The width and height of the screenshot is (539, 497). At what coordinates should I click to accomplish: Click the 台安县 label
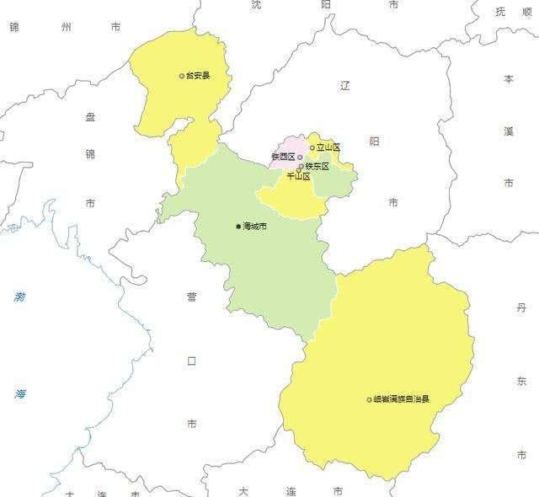coord(198,76)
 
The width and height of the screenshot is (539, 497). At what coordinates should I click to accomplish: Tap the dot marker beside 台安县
coord(181,76)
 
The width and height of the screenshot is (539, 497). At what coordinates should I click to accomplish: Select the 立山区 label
coord(328,147)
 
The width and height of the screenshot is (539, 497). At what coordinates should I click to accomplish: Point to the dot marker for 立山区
coord(312,148)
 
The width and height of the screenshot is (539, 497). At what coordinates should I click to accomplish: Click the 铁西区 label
coord(283,158)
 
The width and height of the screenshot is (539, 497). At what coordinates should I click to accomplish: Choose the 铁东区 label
coord(318,167)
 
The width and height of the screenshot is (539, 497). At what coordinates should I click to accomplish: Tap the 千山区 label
coord(299,177)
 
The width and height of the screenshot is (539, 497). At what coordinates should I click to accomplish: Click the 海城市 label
coord(254,227)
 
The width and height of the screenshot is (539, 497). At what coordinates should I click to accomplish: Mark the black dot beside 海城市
coord(238,227)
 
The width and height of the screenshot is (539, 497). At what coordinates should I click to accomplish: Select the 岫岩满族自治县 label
coord(402,399)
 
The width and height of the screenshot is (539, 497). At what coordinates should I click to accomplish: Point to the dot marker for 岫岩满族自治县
coord(369,399)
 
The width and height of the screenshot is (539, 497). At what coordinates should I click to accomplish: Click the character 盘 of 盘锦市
coord(91,117)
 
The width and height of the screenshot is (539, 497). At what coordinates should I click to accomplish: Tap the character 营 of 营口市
coord(192,297)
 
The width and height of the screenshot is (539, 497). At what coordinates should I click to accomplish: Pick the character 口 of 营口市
coord(192,361)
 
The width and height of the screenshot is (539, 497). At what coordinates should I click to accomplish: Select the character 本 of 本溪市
coord(509,79)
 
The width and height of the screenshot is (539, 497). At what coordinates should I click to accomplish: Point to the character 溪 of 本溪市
coord(509,131)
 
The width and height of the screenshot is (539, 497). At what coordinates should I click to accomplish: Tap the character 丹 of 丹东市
coord(521,309)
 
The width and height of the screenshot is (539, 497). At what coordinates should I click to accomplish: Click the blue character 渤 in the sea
coord(19,297)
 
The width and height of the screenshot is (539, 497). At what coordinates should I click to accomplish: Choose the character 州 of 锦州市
coord(67,28)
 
